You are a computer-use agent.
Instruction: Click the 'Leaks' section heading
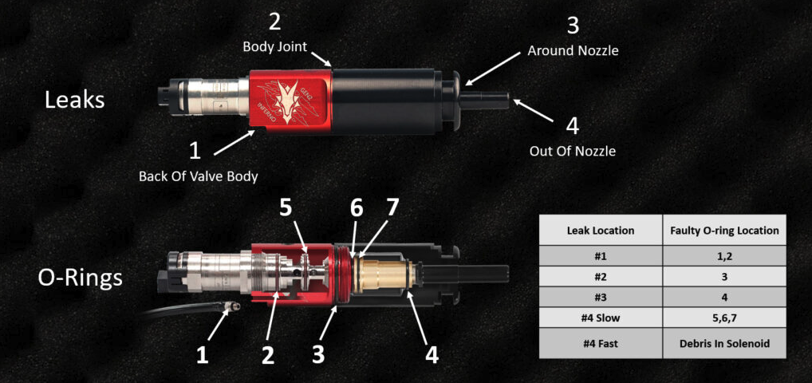pyautogui.click(x=74, y=101)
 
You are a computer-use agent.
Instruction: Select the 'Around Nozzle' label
pyautogui.click(x=573, y=51)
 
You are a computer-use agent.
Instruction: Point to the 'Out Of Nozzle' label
pyautogui.click(x=572, y=151)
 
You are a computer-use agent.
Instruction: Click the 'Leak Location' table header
pyautogui.click(x=599, y=231)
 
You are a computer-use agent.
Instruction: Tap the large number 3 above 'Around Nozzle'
pyautogui.click(x=572, y=25)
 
